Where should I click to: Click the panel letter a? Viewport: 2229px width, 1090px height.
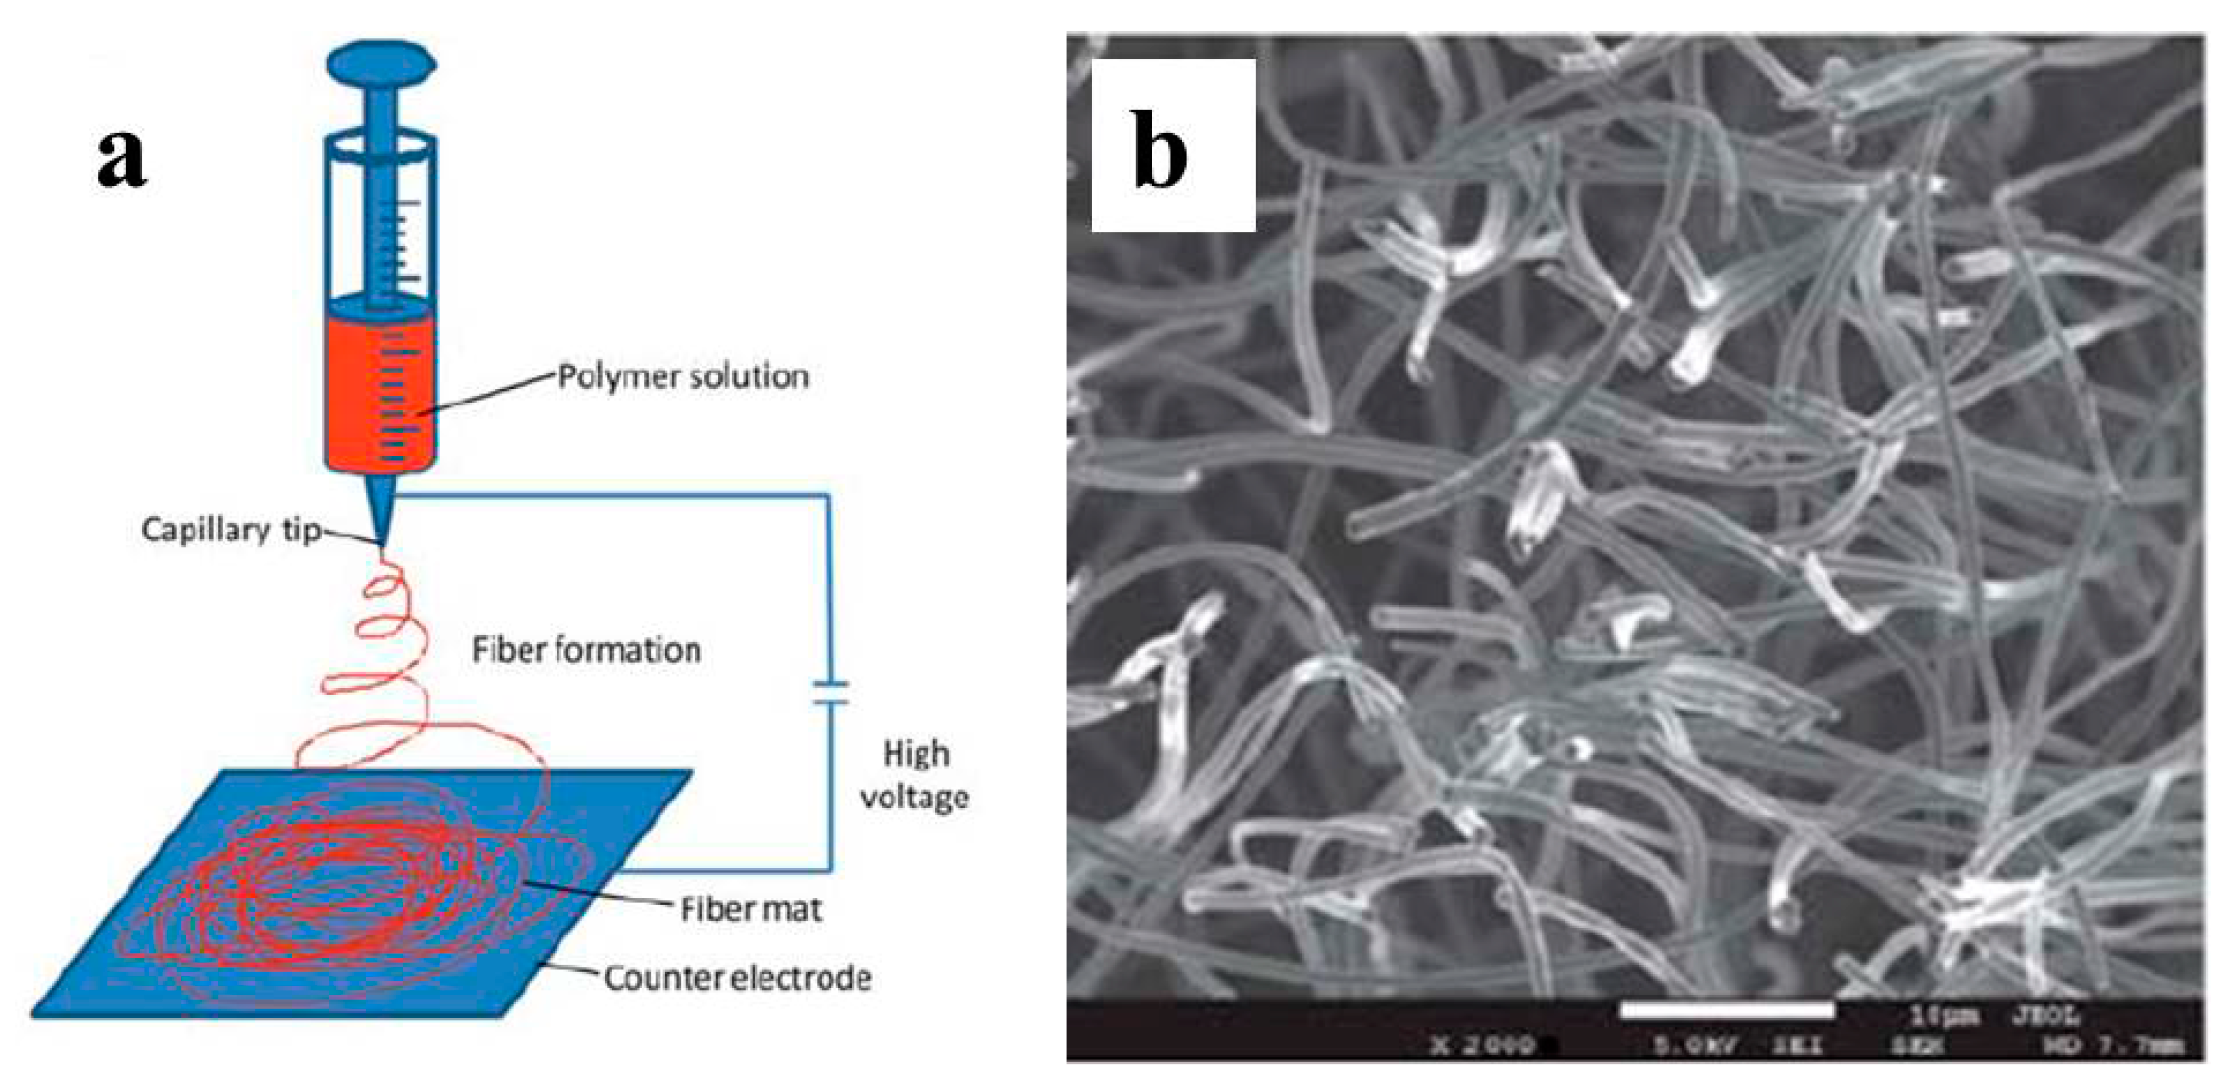[122, 160]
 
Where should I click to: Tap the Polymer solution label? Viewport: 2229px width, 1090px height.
[683, 377]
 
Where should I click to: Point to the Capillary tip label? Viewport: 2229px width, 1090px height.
[230, 529]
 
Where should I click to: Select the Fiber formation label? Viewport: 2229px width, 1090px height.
[586, 650]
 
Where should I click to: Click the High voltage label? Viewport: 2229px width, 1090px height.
[915, 775]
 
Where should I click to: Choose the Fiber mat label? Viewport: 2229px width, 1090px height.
[751, 909]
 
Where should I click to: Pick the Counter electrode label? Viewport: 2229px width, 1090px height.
[737, 977]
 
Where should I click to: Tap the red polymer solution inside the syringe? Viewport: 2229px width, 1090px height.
[380, 390]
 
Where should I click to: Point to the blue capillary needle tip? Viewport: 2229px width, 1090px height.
[381, 515]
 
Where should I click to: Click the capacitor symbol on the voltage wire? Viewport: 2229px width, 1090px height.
[829, 693]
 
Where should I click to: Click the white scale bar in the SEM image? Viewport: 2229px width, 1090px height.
[1726, 1011]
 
